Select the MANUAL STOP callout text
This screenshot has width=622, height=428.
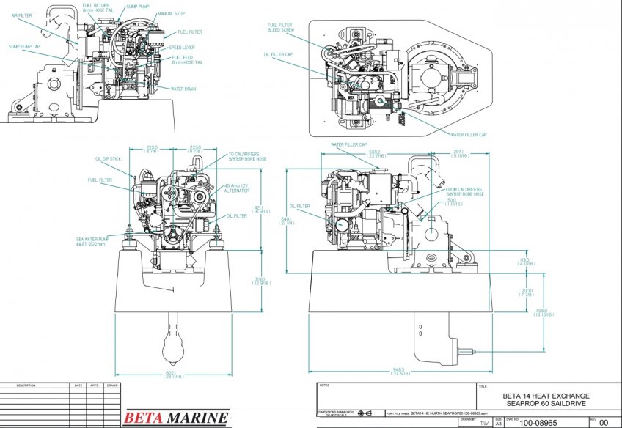tap(169, 14)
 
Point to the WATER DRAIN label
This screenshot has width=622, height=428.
tap(183, 89)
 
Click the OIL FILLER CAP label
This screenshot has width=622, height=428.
tap(278, 53)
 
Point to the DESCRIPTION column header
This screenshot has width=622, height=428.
tap(26, 385)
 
